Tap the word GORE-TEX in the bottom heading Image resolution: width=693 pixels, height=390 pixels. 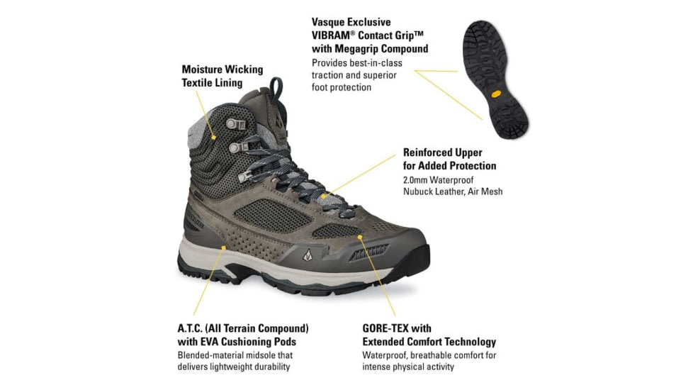click(387, 329)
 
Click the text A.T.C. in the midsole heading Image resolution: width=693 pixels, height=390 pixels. click(193, 329)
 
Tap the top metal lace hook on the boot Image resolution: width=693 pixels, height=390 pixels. click(232, 124)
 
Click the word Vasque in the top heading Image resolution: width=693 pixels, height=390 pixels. click(329, 22)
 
